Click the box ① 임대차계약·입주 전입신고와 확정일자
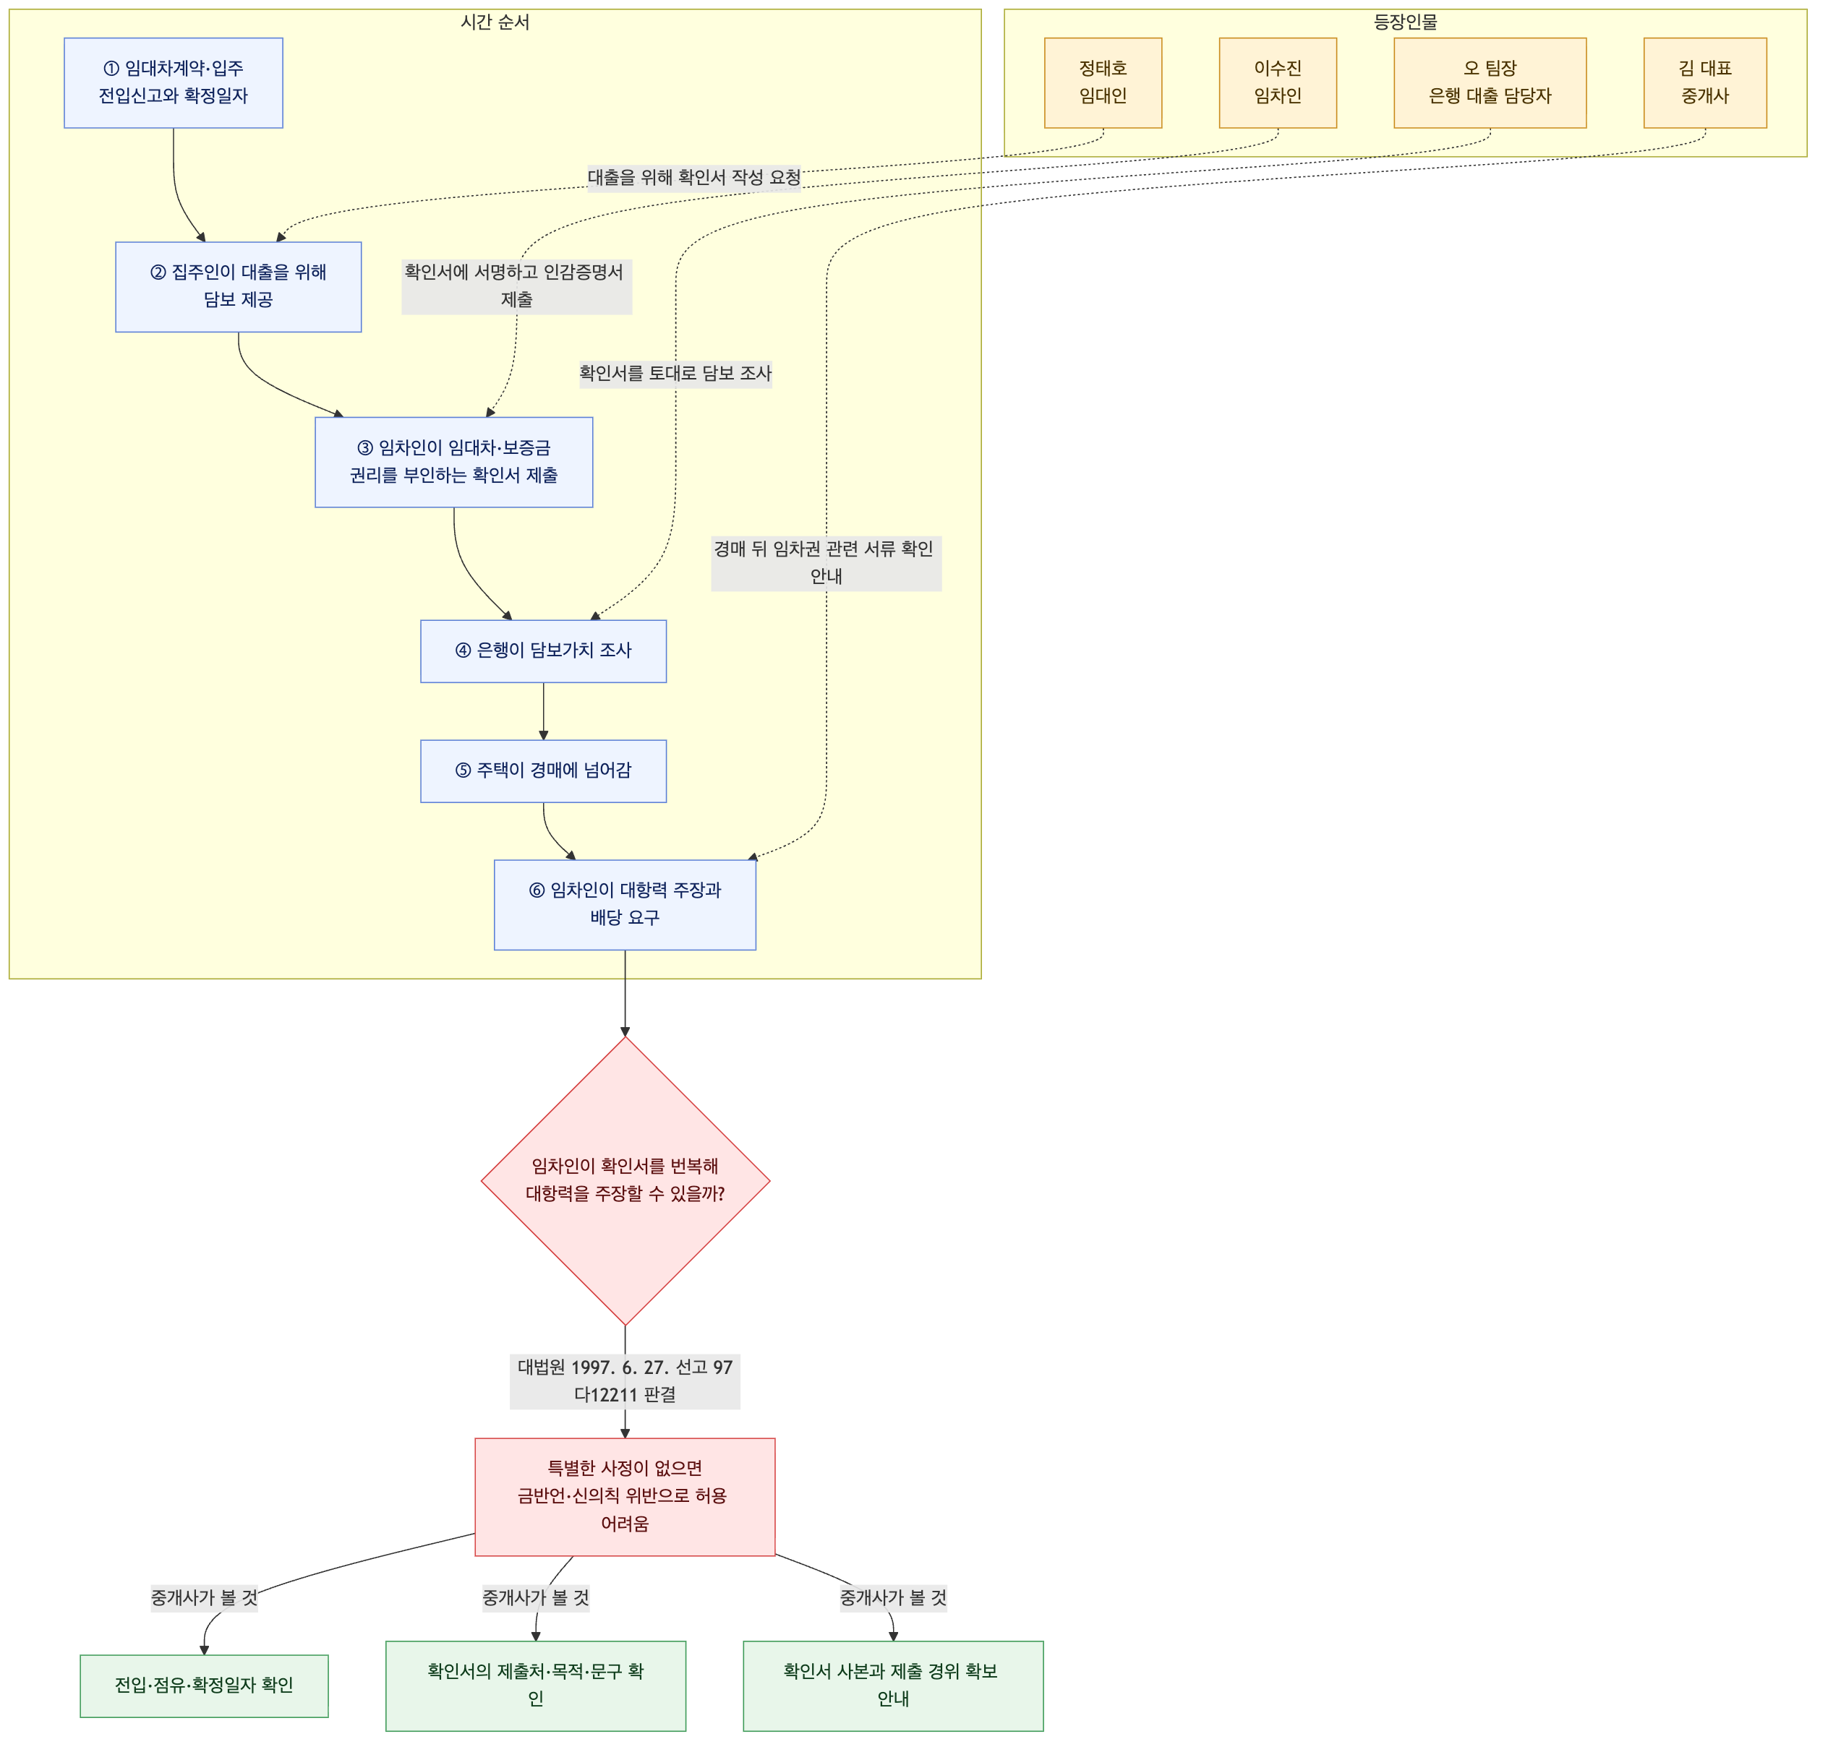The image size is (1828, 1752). (174, 83)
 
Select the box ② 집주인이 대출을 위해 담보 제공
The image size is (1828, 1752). (239, 287)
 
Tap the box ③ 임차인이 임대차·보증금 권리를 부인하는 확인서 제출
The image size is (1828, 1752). (454, 463)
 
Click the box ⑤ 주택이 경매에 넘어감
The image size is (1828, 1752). (544, 772)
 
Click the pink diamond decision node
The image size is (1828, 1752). (625, 1181)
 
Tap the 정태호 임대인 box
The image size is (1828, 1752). (1103, 83)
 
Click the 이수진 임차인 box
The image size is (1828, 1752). (1278, 83)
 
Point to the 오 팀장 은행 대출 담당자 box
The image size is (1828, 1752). (1490, 83)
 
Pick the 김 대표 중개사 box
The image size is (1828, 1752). (1705, 83)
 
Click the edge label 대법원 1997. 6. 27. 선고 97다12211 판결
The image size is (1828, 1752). (625, 1382)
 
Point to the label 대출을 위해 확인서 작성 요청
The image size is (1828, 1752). (694, 177)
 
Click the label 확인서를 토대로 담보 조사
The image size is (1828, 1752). (676, 374)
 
